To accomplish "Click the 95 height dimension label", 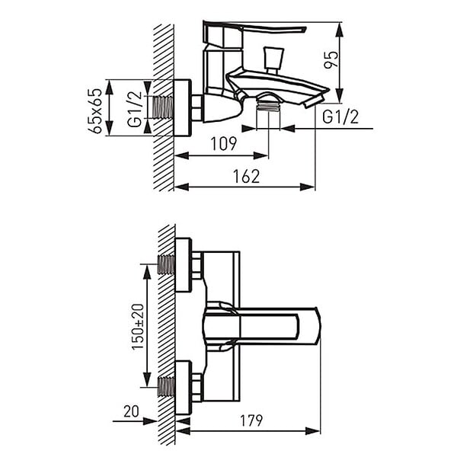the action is click(331, 59).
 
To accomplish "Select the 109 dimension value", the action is click(223, 144).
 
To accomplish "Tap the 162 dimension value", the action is click(246, 177).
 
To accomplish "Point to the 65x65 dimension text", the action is click(95, 110).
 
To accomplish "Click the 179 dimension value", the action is click(251, 420).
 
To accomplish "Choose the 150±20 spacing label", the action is click(138, 327).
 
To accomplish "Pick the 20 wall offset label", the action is click(131, 411).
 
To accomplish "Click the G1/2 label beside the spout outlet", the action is click(340, 117).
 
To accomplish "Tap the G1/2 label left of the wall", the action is click(135, 109).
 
